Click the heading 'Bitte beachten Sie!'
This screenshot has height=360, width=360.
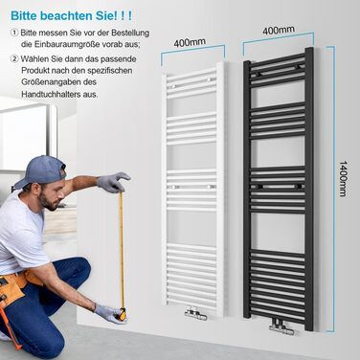63,15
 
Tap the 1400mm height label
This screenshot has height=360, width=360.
343,179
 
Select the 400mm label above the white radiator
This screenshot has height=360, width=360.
190,42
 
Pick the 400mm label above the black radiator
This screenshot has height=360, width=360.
279,31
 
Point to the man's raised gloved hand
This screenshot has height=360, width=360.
113,182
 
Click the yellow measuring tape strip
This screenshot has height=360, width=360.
122,249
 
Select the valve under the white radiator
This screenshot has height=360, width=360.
195,313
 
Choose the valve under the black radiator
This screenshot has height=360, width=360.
281,326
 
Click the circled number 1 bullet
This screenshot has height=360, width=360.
14,33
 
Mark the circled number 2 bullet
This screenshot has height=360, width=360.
14,59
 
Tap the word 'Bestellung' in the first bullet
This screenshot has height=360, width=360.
130,33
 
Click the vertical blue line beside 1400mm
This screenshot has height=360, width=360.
334,188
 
